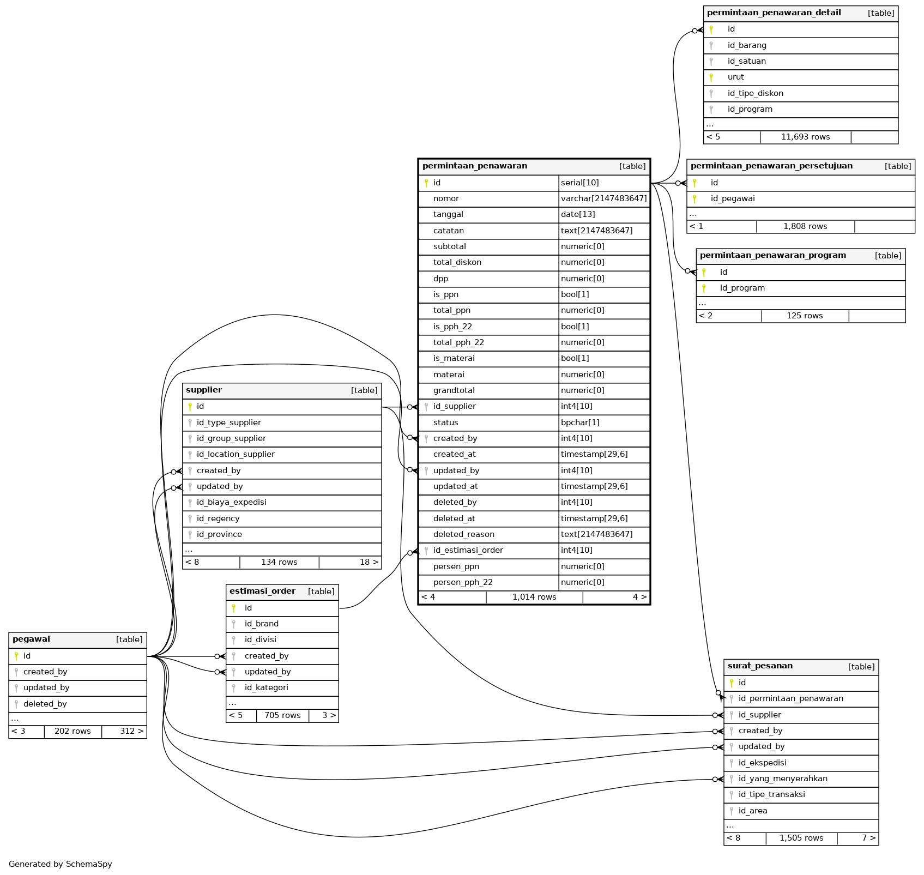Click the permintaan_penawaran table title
tap(474, 166)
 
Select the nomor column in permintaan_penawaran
tap(446, 198)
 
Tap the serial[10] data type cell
tap(579, 183)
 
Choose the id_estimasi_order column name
tap(468, 550)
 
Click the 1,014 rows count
tap(534, 597)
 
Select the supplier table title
tap(204, 390)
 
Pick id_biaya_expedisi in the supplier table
tap(231, 502)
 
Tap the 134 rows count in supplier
tap(279, 562)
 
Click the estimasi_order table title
tap(262, 591)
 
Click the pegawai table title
tap(31, 639)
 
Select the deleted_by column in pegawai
tap(45, 704)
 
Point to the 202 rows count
tap(73, 731)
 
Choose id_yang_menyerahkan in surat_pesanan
tap(782, 779)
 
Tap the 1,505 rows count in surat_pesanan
tap(801, 838)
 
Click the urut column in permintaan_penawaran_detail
tap(735, 77)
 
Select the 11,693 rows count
tap(805, 137)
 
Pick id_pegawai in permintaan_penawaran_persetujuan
tap(732, 198)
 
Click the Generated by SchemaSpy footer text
tap(60, 864)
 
